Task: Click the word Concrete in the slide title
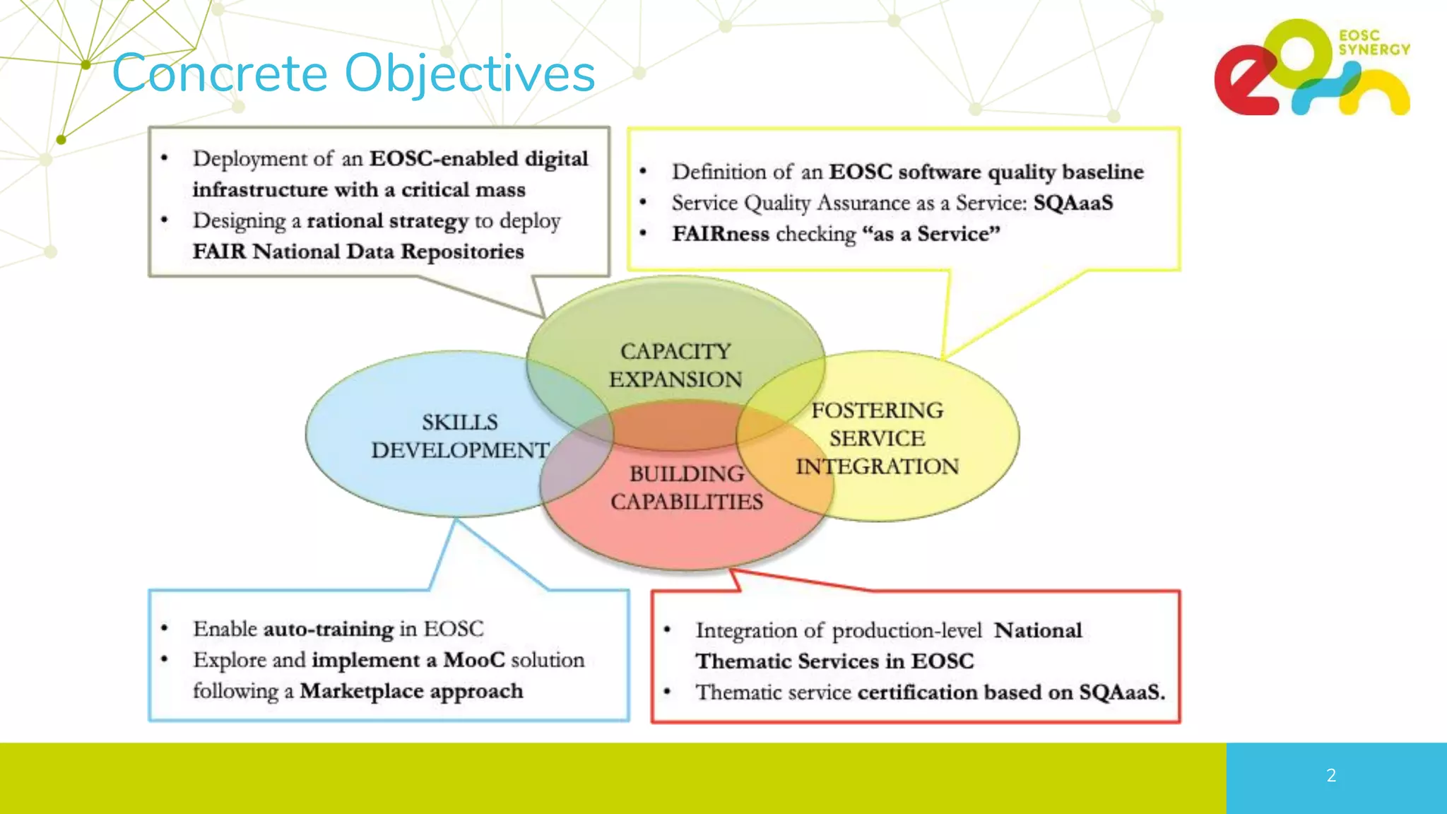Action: (x=220, y=73)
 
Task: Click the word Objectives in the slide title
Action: (x=470, y=73)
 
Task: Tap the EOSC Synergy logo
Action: (x=1311, y=69)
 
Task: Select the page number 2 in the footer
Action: (x=1331, y=776)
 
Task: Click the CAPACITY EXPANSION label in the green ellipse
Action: (x=675, y=365)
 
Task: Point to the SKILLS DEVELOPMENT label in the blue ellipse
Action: (x=460, y=436)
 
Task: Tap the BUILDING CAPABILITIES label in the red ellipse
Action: (x=687, y=488)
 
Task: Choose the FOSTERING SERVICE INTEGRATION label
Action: (x=877, y=438)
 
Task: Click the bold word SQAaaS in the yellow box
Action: (x=1073, y=203)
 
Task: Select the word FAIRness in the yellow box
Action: (x=720, y=234)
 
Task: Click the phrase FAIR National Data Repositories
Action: (x=358, y=252)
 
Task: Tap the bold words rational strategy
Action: (x=387, y=221)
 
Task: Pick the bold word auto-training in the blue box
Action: (x=328, y=629)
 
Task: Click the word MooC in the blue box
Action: (x=474, y=660)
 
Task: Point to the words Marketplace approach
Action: (x=411, y=691)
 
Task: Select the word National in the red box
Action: (x=1037, y=630)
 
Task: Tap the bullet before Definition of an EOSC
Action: (x=643, y=172)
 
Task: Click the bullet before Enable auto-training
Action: (x=164, y=628)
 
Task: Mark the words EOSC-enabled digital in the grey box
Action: (x=478, y=158)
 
